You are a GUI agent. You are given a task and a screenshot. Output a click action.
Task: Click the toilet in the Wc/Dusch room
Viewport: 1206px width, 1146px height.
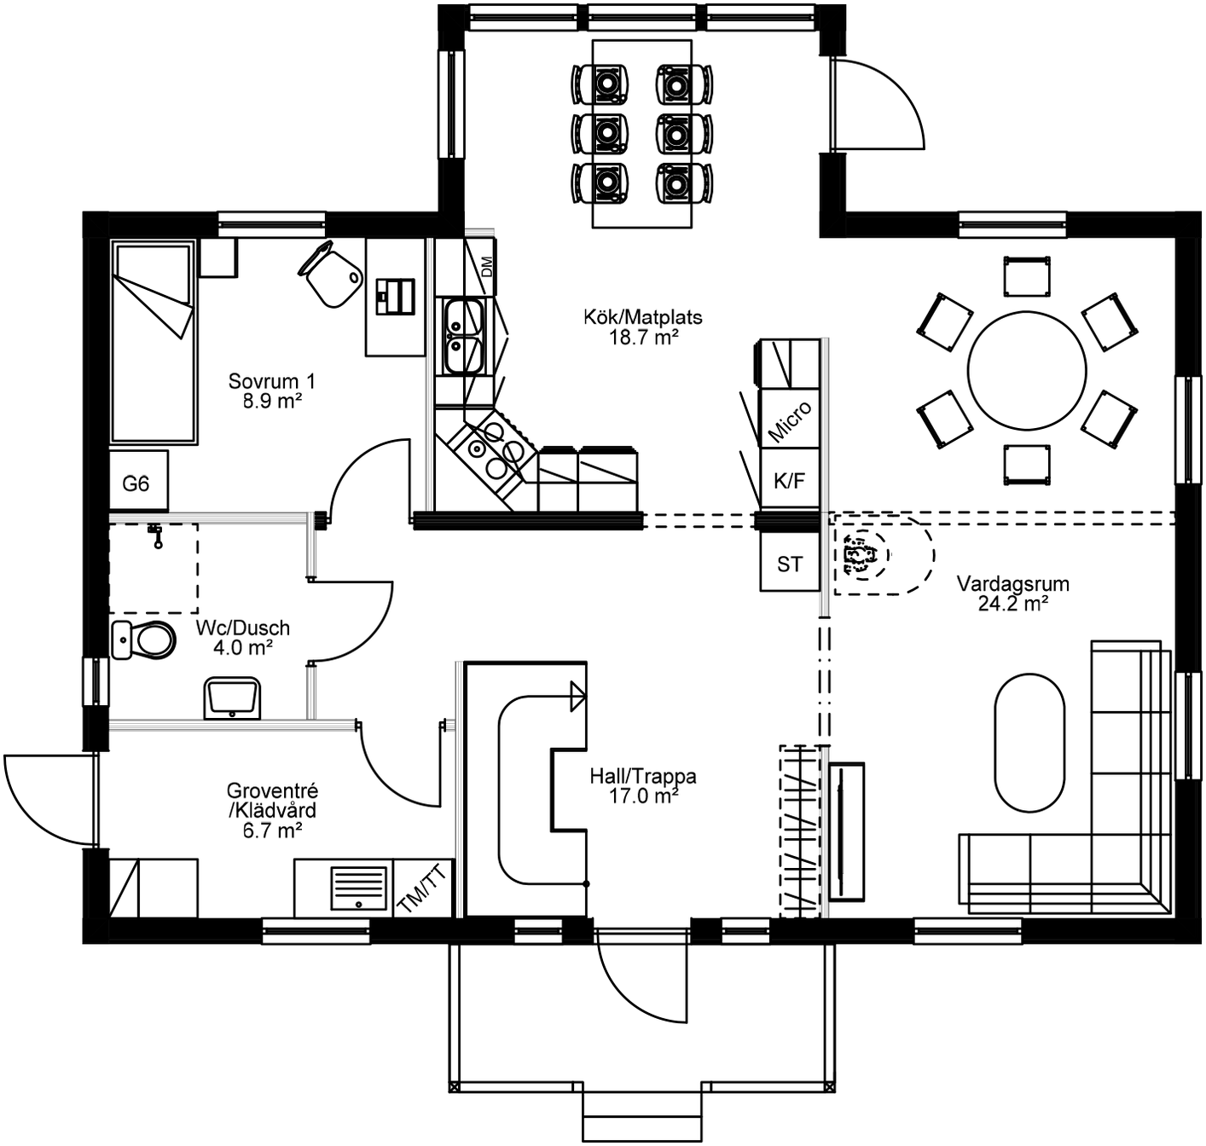coord(145,640)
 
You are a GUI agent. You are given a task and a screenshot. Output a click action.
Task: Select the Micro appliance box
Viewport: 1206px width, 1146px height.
coord(790,420)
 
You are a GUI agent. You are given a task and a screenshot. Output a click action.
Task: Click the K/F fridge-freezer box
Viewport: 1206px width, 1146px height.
coord(789,481)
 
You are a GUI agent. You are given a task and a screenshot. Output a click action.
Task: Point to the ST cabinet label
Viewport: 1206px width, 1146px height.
coord(789,564)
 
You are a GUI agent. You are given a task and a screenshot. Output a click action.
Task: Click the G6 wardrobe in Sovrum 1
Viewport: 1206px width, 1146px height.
coord(137,483)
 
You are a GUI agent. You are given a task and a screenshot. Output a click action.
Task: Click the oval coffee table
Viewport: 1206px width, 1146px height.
coord(1029,743)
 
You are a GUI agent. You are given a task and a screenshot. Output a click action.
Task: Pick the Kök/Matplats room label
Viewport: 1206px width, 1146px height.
coord(643,317)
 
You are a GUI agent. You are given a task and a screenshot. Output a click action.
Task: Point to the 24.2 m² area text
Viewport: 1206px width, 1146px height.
coord(1013,604)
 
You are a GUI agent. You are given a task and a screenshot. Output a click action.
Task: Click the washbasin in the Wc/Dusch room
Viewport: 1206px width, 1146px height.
coord(232,698)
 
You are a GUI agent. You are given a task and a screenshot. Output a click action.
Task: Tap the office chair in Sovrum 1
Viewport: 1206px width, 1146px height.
coord(331,273)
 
